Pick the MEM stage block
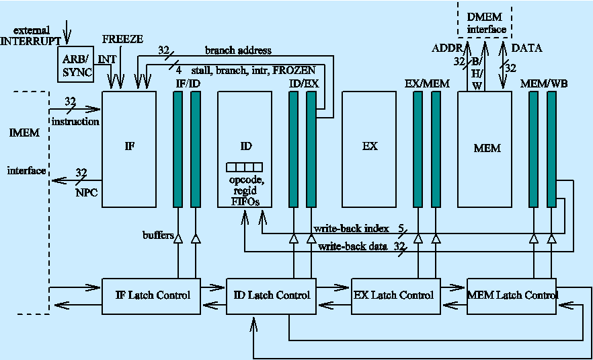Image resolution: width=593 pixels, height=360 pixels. (x=485, y=149)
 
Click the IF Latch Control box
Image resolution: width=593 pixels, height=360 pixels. (x=152, y=295)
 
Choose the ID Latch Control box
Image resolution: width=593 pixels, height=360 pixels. (x=271, y=295)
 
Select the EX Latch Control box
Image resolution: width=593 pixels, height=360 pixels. (x=393, y=295)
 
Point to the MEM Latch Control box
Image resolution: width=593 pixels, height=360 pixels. (x=512, y=295)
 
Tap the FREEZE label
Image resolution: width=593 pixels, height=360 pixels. (x=122, y=40)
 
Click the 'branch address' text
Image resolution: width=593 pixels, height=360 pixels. (x=238, y=50)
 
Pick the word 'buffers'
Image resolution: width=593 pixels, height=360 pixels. (x=157, y=236)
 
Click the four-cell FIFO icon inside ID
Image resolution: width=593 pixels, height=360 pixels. (x=244, y=167)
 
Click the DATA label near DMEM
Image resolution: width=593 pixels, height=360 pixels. (x=526, y=48)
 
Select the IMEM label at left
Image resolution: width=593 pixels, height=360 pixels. (x=25, y=133)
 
